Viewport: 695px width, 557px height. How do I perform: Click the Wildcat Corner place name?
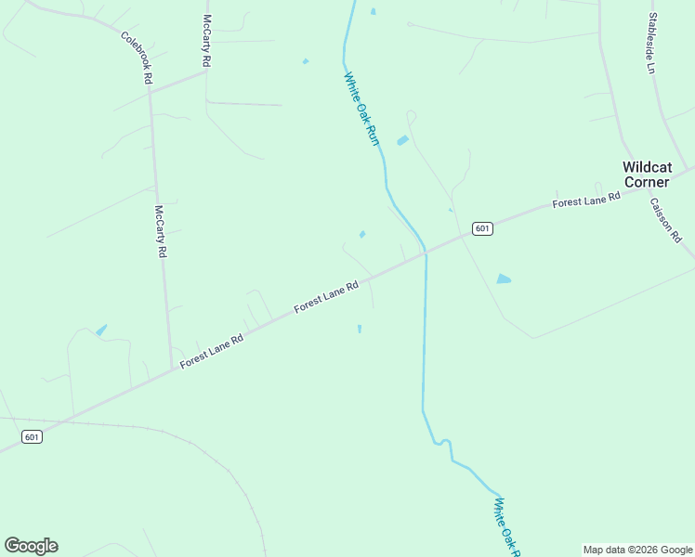(646, 175)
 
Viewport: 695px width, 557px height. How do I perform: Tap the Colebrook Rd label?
(136, 58)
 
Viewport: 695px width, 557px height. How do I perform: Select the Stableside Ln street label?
(652, 43)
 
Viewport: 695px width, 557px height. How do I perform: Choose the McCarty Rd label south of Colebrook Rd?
(160, 231)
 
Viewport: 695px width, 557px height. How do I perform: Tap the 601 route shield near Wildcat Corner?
(480, 228)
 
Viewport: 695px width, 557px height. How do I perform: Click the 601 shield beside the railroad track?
(33, 437)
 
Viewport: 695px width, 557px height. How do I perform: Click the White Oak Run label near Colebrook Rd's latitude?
(362, 109)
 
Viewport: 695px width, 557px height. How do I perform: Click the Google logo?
(31, 546)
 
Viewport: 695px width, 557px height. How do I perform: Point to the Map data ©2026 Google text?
(637, 550)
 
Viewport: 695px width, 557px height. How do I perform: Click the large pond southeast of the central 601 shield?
(504, 278)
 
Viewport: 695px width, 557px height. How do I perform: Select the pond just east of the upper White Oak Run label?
(402, 140)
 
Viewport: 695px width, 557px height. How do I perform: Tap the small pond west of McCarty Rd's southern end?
(100, 330)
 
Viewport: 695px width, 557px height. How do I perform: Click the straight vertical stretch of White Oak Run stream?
(425, 334)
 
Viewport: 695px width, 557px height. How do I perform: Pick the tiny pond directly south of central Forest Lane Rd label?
(360, 328)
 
